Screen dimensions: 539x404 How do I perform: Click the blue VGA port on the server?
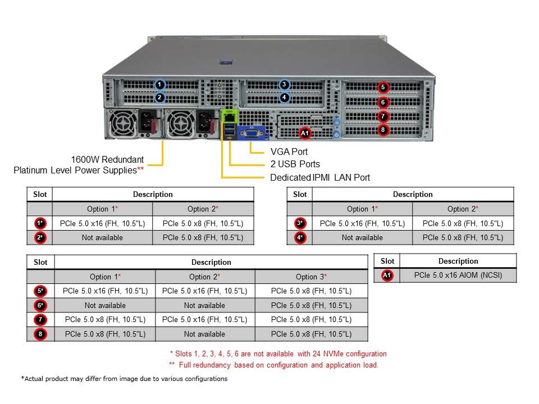252,133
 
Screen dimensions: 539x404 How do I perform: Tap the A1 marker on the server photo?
305,133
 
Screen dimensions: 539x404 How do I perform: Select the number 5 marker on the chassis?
383,88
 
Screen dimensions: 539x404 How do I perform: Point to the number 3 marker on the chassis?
284,85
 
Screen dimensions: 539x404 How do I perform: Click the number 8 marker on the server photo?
383,130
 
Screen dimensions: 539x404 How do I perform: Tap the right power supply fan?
180,123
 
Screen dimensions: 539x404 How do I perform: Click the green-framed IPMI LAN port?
229,117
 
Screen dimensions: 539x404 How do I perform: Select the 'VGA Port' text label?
289,151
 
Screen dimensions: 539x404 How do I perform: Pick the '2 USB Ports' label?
295,164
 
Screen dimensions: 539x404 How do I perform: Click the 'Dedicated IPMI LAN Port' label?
320,177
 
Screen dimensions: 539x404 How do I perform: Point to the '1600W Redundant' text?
107,159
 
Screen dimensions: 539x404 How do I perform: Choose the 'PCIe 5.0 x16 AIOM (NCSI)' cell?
458,275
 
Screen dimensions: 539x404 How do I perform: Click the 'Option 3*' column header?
311,277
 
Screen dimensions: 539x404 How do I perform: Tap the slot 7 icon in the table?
40,319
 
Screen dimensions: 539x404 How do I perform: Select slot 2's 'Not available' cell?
102,237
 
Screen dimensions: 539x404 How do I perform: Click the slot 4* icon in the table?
300,237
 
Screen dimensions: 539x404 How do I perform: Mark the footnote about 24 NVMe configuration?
278,353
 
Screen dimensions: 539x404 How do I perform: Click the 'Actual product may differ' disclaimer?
124,379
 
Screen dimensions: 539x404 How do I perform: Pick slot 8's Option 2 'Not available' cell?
204,334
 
